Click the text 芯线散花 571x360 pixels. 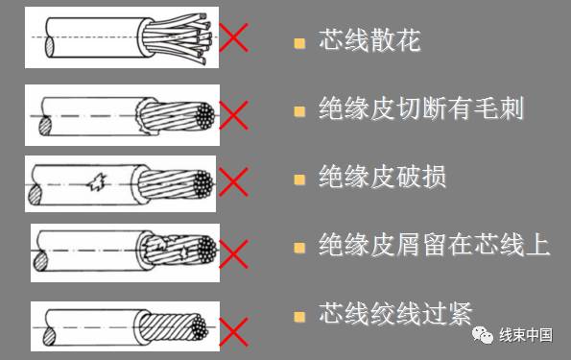click(369, 43)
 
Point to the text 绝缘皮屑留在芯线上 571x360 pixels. click(434, 246)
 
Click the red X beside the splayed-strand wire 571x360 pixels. click(234, 39)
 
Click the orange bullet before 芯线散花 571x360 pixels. click(299, 44)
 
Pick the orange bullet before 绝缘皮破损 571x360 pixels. click(299, 180)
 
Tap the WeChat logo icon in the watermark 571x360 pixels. click(479, 335)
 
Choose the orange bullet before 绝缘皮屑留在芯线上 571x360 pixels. click(299, 247)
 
